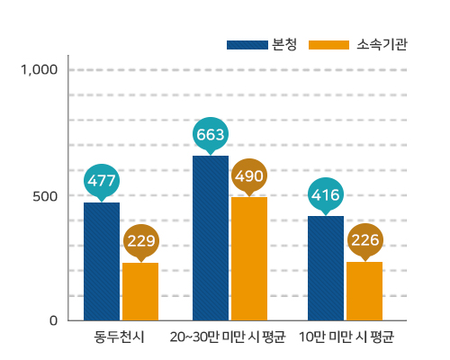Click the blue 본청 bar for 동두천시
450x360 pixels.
(x=102, y=261)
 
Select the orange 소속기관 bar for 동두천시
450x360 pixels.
(x=140, y=291)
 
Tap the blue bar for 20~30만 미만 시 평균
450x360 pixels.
(x=211, y=238)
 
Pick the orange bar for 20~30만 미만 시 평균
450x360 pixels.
(x=249, y=258)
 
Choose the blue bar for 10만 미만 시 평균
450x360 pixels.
(x=326, y=267)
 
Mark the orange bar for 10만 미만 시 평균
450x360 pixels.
(x=364, y=291)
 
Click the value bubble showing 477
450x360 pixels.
(x=102, y=180)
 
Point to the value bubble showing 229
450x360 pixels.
(x=140, y=240)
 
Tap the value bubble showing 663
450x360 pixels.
(x=211, y=134)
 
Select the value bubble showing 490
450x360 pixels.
(x=249, y=175)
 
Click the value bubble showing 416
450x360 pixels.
(x=326, y=193)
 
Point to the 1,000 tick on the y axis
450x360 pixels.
(x=39, y=69)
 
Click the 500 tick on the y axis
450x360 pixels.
(x=45, y=195)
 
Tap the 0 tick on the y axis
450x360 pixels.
(x=53, y=320)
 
